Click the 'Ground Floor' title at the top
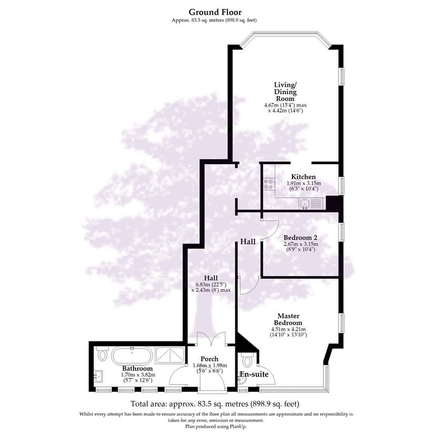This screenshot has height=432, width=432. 215,12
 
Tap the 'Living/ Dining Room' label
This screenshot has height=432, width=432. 285,92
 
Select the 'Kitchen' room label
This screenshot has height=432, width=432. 303,177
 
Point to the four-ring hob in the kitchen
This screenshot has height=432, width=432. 268,184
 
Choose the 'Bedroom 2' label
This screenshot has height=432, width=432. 300,238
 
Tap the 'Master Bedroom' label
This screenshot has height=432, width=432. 288,319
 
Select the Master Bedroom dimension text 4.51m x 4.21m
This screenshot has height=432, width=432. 288,330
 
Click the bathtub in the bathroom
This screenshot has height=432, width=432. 131,354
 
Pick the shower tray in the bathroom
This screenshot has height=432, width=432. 170,354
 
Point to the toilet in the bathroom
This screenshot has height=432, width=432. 103,354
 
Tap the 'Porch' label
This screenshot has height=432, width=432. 210,359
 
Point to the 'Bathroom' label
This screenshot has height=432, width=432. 138,368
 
